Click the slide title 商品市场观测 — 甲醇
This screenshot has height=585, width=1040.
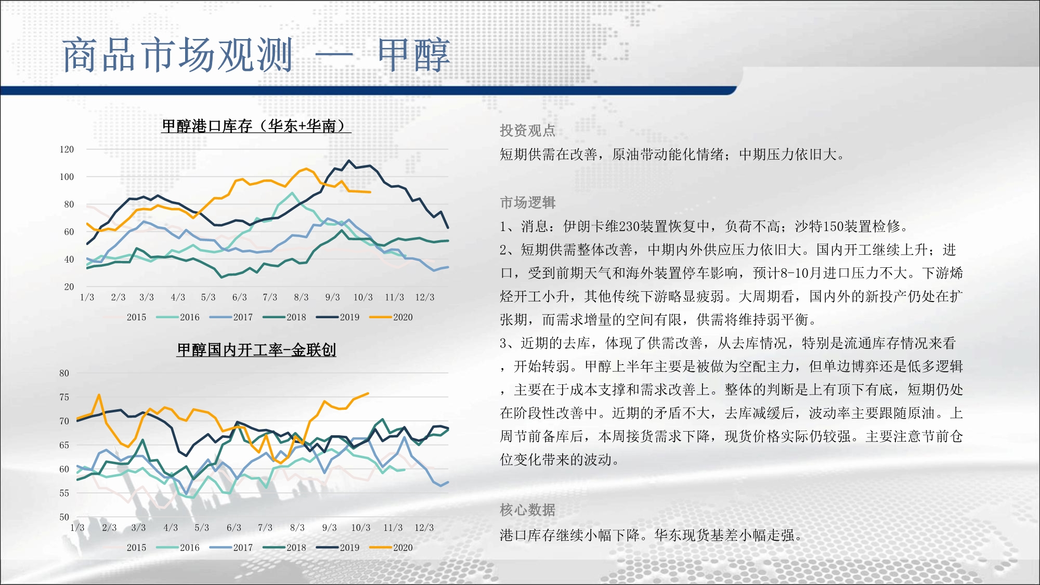click(256, 55)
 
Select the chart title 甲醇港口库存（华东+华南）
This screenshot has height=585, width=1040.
click(256, 126)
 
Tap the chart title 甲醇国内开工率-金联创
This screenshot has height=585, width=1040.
click(256, 350)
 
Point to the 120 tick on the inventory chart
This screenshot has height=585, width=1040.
click(67, 150)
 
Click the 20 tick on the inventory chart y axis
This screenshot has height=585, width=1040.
click(69, 287)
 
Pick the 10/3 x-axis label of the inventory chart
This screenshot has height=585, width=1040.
click(363, 297)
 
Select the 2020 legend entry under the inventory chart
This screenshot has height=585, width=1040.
click(391, 317)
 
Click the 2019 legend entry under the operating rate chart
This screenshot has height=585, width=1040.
click(338, 548)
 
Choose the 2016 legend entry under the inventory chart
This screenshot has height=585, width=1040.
click(178, 317)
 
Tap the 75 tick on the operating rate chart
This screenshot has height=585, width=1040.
click(64, 397)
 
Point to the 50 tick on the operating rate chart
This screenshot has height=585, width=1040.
click(64, 517)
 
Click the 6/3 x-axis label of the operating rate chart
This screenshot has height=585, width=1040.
click(234, 528)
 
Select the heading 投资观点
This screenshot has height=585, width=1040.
click(528, 131)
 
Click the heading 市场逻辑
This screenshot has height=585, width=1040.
click(528, 202)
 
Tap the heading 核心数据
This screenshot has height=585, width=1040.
click(528, 510)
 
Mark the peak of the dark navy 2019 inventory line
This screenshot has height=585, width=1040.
click(349, 161)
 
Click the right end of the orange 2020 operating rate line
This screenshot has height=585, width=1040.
click(368, 394)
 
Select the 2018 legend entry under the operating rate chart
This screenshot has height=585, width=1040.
click(284, 548)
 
